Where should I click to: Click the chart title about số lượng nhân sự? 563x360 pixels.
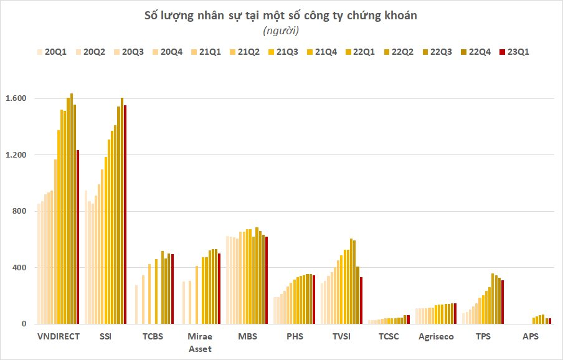coord(281,16)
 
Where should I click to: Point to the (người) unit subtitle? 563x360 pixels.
coord(281,31)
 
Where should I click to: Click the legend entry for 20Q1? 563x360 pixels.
coord(55,52)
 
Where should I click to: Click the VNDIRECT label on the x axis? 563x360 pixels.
coord(59,337)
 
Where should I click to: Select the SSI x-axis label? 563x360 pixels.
coord(106,337)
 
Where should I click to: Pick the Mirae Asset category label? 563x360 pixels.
coord(200,343)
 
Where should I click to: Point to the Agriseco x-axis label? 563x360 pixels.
coord(436,337)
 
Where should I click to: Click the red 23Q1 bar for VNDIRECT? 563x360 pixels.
coord(78,237)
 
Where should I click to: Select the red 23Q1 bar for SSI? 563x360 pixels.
coord(125,215)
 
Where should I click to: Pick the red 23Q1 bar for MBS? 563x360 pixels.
coord(267,280)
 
